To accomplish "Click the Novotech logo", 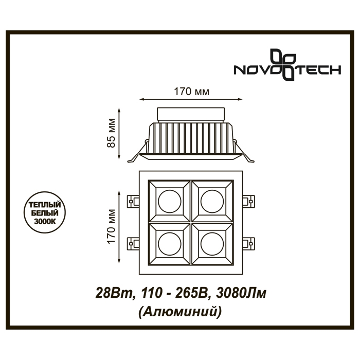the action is click(x=287, y=65).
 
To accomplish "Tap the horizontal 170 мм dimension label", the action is click(x=191, y=92).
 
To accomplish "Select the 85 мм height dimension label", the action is click(x=111, y=133).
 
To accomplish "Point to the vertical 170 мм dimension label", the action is click(x=111, y=226).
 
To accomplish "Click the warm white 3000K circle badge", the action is click(x=45, y=212).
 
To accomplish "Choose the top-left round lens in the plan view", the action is click(x=170, y=201).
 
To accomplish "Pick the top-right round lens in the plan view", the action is click(x=212, y=201).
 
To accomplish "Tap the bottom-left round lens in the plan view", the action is click(x=170, y=244).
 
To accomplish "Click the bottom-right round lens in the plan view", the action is click(x=212, y=244).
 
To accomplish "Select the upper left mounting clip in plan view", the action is click(x=133, y=202).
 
